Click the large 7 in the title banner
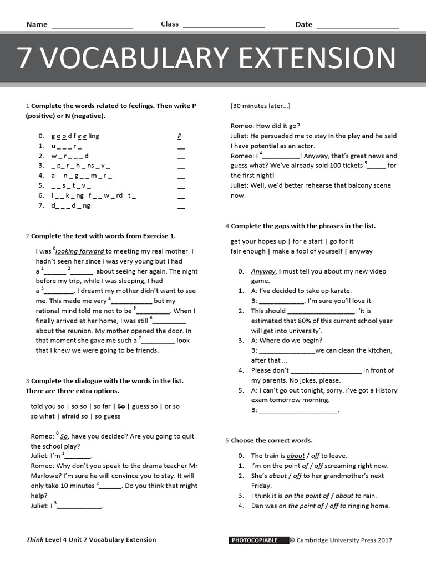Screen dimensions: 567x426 coord(24,58)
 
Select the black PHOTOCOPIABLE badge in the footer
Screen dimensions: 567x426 coord(258,540)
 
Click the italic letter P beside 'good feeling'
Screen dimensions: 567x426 coord(180,136)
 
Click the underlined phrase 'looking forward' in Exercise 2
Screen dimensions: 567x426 coord(80,251)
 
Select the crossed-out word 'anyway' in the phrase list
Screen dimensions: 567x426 coord(361,251)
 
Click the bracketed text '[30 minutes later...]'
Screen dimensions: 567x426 coord(260,106)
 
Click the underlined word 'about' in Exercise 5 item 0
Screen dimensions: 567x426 coord(296,456)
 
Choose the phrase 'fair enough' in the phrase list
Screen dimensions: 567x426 coord(248,251)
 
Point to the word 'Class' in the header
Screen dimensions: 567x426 coord(170,24)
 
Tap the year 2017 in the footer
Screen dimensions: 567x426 coord(385,540)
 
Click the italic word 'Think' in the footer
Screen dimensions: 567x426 coord(34,540)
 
